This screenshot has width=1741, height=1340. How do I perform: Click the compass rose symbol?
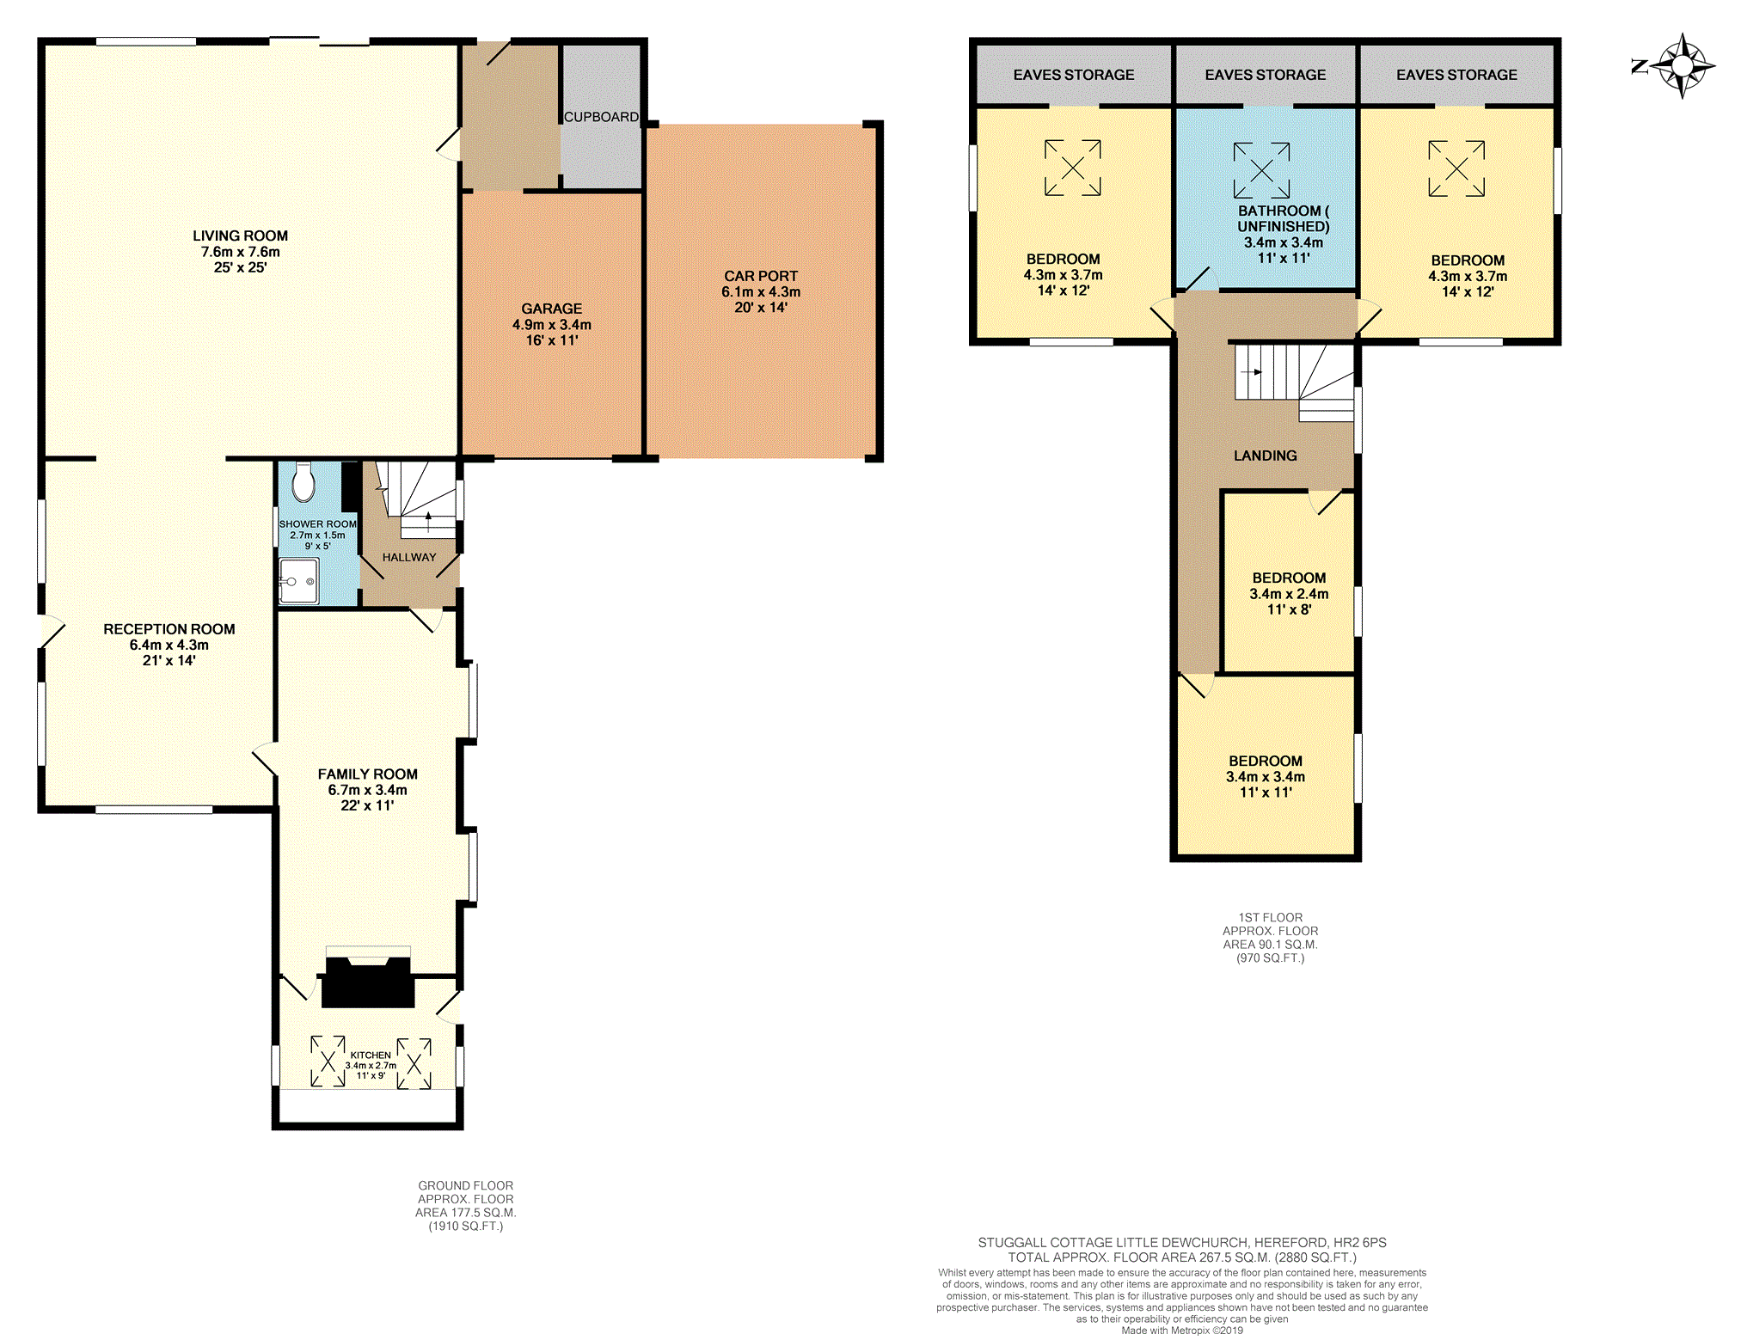[x=1683, y=66]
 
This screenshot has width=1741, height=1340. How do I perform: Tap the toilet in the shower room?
[x=303, y=482]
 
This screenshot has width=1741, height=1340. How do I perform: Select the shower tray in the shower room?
[x=298, y=581]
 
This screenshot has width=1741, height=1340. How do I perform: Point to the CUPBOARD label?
[x=601, y=117]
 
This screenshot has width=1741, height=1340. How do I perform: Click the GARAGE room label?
[x=551, y=309]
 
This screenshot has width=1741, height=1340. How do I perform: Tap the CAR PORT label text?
[x=760, y=276]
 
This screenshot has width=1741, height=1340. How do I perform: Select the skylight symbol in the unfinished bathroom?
[x=1261, y=170]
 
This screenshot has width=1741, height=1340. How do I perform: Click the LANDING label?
[x=1265, y=456]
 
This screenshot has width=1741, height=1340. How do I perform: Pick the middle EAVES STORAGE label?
[x=1265, y=75]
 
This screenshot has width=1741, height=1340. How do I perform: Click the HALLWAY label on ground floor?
[x=409, y=557]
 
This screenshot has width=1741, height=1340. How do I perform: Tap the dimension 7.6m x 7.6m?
[x=240, y=252]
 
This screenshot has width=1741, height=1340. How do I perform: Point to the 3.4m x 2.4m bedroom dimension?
[x=1288, y=594]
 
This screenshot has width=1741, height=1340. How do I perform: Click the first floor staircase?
[x=1294, y=378]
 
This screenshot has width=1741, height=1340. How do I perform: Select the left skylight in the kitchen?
[x=328, y=1062]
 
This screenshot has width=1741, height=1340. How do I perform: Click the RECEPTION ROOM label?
[x=169, y=629]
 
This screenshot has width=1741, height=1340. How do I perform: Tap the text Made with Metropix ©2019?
[x=1181, y=1331]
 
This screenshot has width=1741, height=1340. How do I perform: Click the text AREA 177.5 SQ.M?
[x=465, y=1213]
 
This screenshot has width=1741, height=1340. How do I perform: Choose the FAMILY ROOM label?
[x=367, y=774]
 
